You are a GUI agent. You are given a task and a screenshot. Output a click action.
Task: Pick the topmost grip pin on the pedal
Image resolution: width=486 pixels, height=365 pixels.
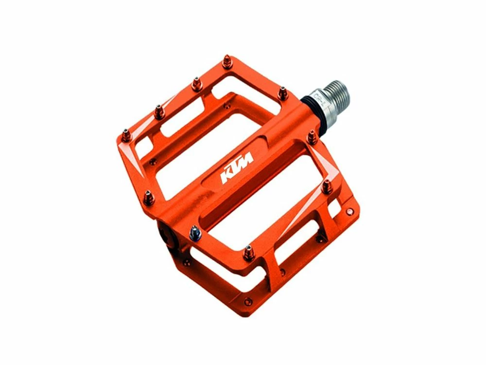pos(227,63)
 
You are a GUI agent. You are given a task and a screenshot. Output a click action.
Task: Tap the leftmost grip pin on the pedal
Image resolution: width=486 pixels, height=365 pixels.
pos(126,132)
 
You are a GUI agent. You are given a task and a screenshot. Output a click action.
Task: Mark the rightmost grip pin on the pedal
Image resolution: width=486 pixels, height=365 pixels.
pos(328,185)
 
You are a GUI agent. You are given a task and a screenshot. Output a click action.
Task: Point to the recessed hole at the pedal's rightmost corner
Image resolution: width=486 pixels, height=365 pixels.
pos(349,211)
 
